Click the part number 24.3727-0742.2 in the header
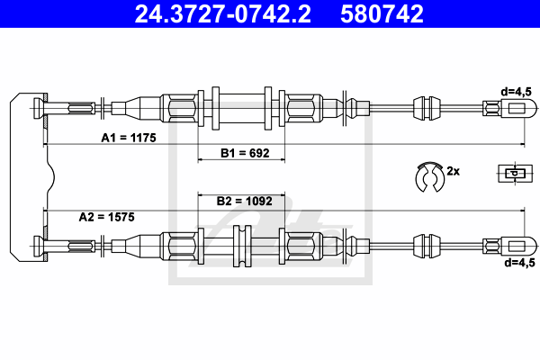[223, 13]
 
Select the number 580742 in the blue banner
[382, 13]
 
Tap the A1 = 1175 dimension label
[129, 138]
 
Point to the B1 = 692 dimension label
[245, 153]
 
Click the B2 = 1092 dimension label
[244, 201]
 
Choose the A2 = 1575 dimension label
[107, 217]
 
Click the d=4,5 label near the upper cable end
[517, 92]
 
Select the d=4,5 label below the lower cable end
[519, 263]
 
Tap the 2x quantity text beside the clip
[454, 171]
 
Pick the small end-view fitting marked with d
[515, 174]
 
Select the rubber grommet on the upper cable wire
[427, 108]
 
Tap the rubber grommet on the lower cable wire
[427, 246]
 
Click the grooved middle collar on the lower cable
[242, 246]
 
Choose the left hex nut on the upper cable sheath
[182, 108]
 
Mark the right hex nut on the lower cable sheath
[301, 246]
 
